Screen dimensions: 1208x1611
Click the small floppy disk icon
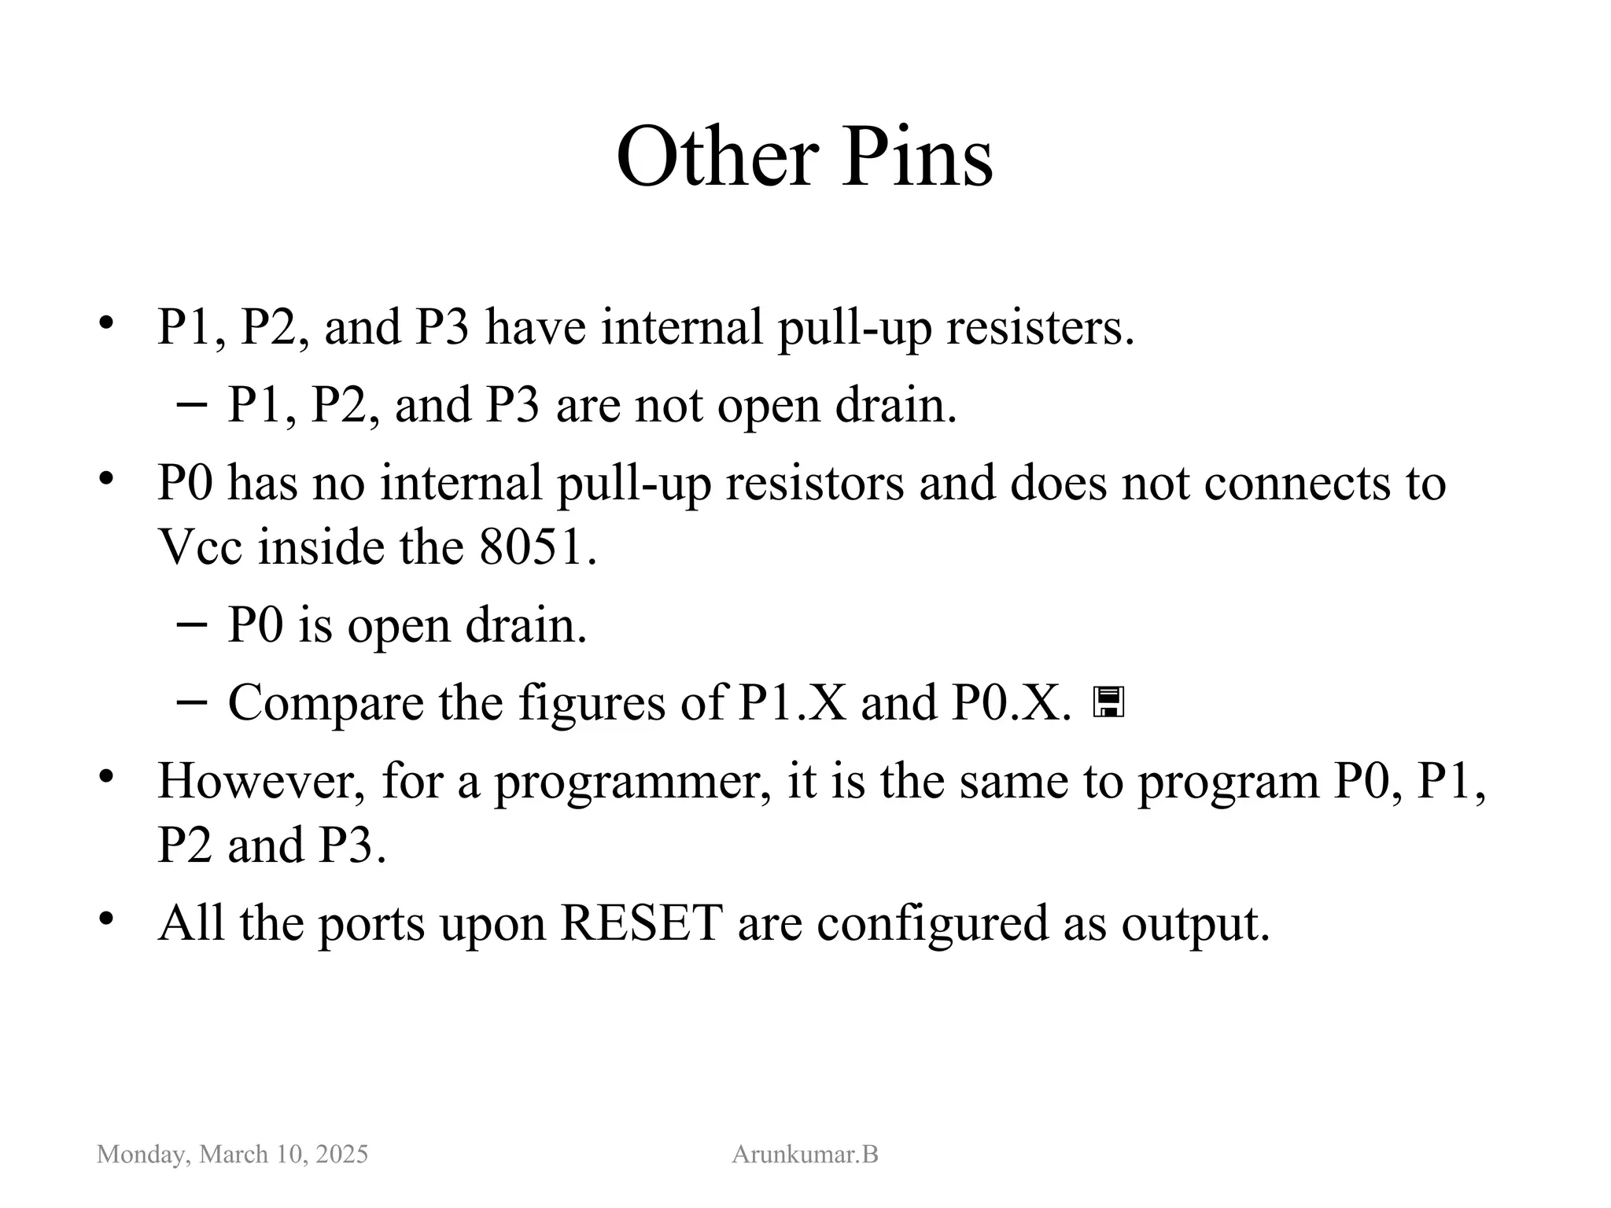(1108, 702)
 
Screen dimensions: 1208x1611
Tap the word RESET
(641, 923)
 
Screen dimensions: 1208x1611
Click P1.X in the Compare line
(792, 702)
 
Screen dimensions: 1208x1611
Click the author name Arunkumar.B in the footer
(805, 1155)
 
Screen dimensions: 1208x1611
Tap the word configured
(932, 924)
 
